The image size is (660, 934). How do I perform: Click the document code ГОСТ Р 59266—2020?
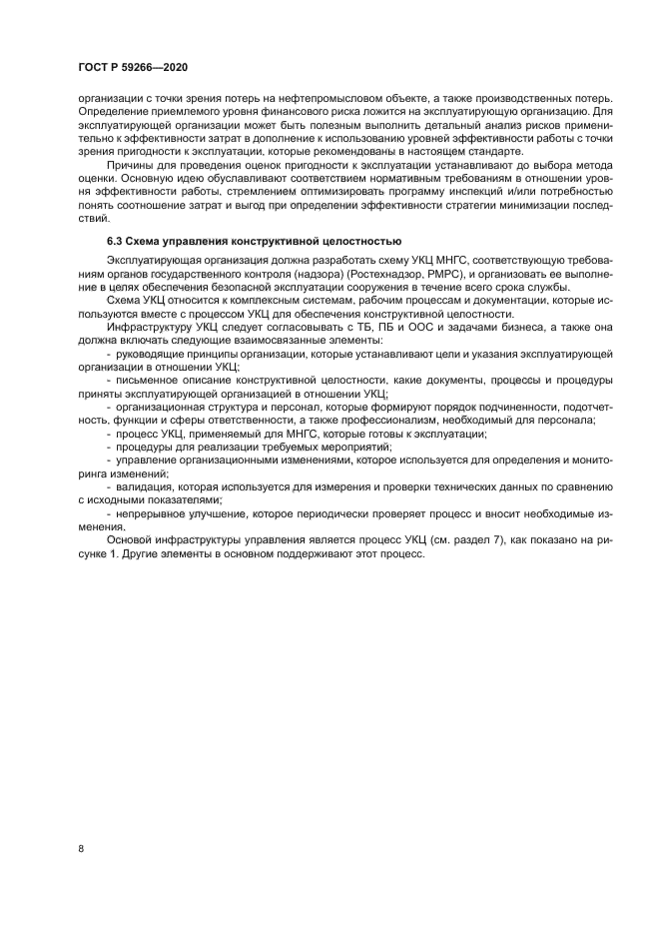[x=133, y=67]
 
